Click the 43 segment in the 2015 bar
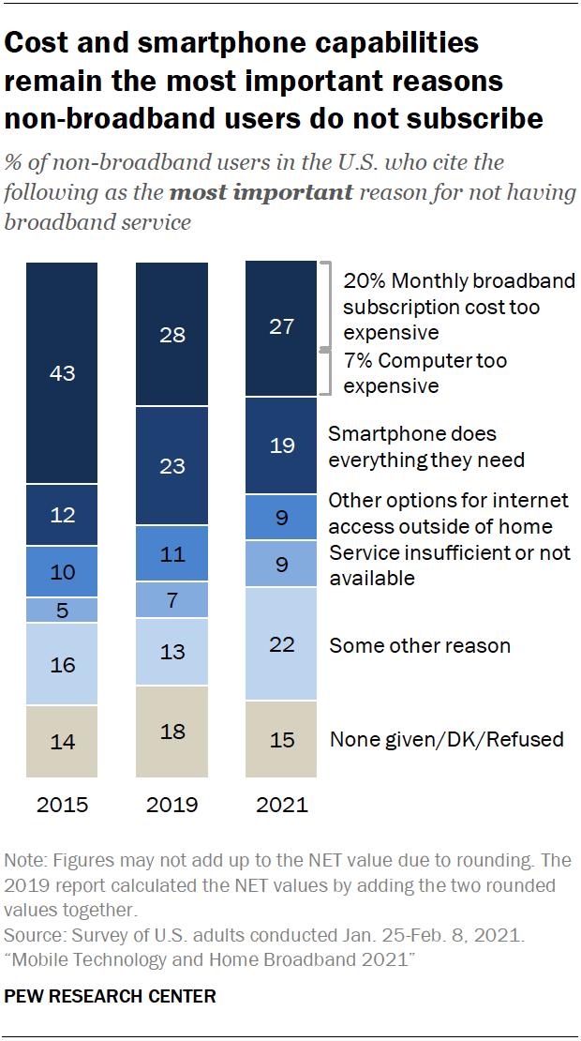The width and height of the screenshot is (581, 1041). click(x=62, y=372)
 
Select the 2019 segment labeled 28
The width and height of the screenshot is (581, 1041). click(x=171, y=335)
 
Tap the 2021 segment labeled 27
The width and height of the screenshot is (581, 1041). click(x=282, y=328)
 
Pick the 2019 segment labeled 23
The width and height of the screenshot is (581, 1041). click(x=171, y=465)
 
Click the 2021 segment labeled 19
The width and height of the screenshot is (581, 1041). click(x=282, y=445)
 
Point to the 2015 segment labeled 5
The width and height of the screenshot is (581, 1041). click(x=62, y=611)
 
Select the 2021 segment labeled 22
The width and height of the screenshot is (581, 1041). click(x=282, y=644)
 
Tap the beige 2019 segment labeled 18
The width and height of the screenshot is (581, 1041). click(x=171, y=732)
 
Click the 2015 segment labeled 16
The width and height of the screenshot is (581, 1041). click(x=62, y=665)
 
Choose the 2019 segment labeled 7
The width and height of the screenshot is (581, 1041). click(x=171, y=598)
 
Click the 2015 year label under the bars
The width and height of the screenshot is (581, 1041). click(x=62, y=805)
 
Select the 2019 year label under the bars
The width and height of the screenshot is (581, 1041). click(x=171, y=805)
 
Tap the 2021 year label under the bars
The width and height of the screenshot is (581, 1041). click(x=282, y=805)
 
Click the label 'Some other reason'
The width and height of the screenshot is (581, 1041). click(x=420, y=645)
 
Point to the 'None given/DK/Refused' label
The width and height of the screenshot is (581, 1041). click(x=446, y=739)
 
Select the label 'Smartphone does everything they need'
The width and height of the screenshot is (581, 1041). click(x=426, y=447)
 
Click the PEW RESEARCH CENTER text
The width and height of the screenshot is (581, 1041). click(x=111, y=996)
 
